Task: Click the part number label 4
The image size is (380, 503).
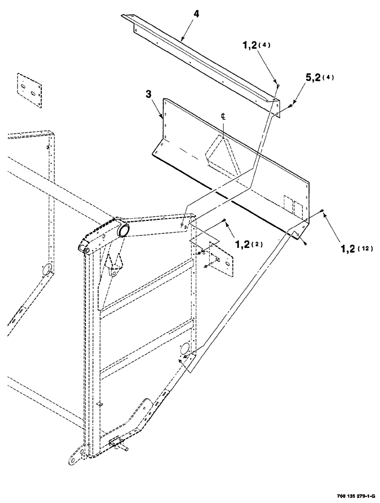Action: click(x=196, y=14)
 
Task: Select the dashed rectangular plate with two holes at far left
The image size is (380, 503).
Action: click(x=28, y=90)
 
